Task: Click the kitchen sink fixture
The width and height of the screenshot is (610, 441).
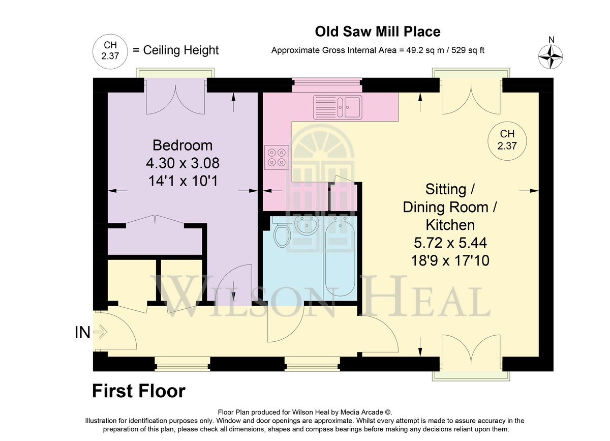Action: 338,107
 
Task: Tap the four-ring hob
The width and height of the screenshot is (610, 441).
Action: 277,157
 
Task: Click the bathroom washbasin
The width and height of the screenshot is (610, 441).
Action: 307,225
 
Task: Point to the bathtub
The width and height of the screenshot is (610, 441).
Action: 340,258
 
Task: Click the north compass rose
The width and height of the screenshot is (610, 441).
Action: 551,56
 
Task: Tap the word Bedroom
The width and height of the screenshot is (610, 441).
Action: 182,145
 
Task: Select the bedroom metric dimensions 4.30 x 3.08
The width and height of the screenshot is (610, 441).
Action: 182,163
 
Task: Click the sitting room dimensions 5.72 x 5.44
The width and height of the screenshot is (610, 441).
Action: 450,243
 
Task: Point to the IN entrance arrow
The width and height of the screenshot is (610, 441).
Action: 100,332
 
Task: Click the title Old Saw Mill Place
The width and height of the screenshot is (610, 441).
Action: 378,32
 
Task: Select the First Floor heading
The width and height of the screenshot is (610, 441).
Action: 139,391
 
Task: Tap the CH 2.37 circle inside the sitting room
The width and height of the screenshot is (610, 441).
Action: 507,141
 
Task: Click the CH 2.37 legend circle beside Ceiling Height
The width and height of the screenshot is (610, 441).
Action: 110,51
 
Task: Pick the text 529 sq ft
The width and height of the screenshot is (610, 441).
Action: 468,50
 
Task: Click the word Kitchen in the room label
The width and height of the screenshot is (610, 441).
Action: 450,225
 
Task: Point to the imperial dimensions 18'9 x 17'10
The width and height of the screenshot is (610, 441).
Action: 450,260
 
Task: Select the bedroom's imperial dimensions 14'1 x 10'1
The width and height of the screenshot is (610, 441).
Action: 183,181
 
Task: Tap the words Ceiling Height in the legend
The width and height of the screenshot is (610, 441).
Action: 181,50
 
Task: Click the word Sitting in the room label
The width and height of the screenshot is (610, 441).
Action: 445,189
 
